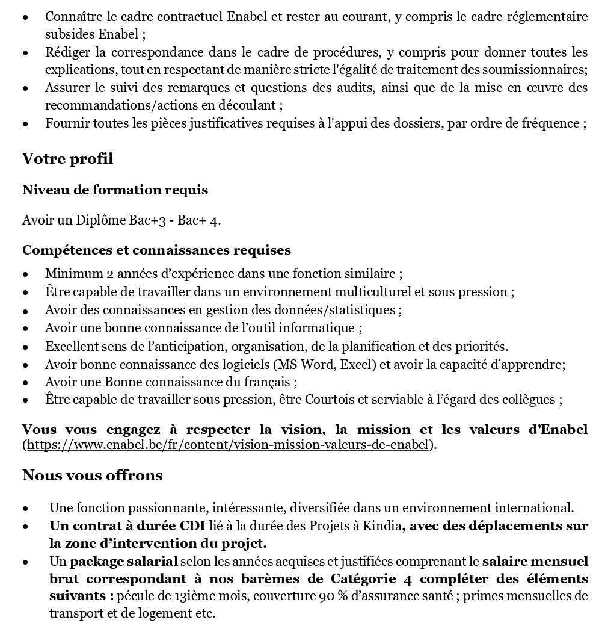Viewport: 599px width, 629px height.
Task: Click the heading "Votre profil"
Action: click(x=67, y=160)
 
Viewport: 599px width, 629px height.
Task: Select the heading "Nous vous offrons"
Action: click(x=92, y=476)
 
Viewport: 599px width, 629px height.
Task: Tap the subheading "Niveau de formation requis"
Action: click(x=115, y=190)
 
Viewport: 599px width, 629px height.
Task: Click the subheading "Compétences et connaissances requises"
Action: click(x=156, y=249)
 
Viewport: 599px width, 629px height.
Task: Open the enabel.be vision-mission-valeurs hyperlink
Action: click(x=229, y=445)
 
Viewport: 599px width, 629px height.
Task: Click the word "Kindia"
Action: click(x=382, y=526)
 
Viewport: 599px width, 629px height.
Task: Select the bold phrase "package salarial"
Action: click(x=124, y=562)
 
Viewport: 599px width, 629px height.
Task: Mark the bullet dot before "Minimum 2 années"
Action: click(x=25, y=274)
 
